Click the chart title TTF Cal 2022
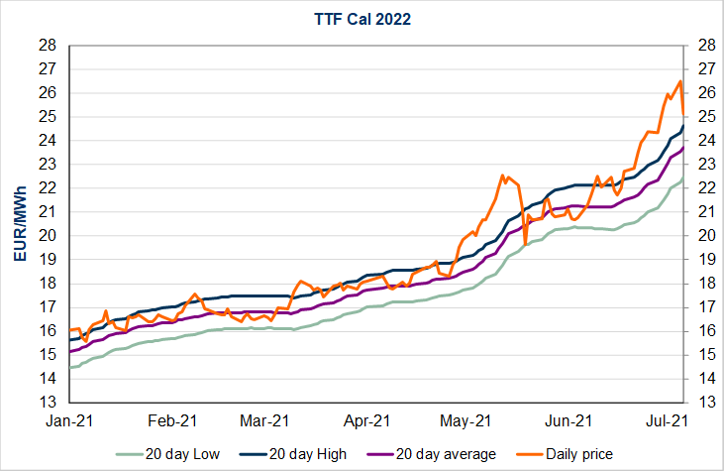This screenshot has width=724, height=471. [x=362, y=17]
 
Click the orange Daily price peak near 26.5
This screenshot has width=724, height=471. [x=679, y=81]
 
